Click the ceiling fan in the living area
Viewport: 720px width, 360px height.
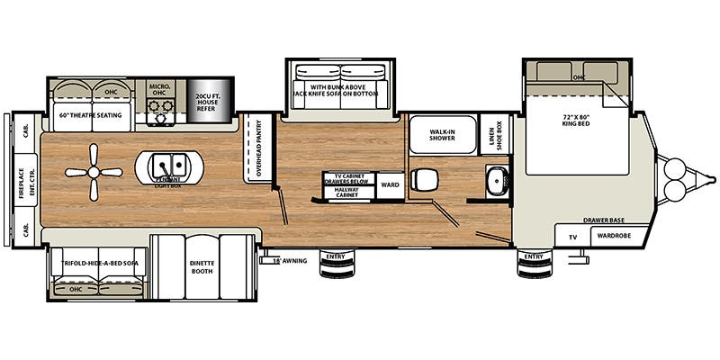click(94, 173)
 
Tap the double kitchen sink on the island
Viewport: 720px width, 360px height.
click(167, 165)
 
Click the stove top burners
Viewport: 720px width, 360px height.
click(161, 109)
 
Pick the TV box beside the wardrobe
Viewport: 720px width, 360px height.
click(571, 238)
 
